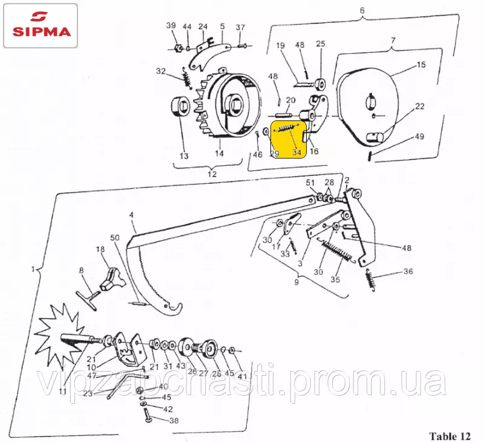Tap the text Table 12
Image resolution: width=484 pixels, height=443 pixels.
[450, 436]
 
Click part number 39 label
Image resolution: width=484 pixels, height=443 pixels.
[171, 25]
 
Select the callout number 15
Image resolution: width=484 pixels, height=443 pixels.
[421, 65]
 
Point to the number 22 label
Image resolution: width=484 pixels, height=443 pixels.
[420, 106]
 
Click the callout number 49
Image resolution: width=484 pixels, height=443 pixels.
[419, 136]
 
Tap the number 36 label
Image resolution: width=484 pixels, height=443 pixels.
[408, 271]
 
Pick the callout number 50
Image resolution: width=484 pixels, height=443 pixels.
[115, 238]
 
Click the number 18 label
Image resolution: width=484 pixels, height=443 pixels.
[100, 249]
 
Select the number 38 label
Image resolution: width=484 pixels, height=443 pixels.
[174, 421]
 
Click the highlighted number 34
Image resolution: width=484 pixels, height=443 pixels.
[297, 152]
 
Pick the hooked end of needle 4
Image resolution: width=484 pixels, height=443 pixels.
[172, 308]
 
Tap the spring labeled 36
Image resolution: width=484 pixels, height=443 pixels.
[370, 280]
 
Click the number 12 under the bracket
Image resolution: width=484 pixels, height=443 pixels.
[212, 174]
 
